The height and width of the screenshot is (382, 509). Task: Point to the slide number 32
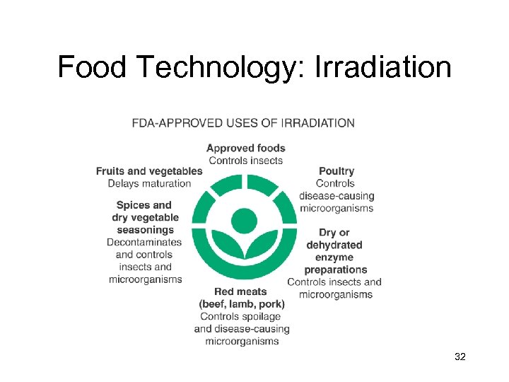point(460,358)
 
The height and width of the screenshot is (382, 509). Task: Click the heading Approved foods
point(246,148)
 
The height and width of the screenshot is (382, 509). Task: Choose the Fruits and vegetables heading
point(149,170)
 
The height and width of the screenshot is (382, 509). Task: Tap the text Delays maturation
point(149,183)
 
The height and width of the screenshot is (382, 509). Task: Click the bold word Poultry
point(337,170)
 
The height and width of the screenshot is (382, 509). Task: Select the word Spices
point(134,205)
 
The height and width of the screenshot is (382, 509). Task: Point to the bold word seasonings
point(146,230)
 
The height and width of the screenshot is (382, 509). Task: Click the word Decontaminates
point(144,242)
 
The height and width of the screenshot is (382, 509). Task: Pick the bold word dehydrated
point(334,245)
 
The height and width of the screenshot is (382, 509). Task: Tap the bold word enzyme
point(335,257)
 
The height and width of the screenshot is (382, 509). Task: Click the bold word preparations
point(336,270)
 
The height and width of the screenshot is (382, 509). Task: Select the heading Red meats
point(241,291)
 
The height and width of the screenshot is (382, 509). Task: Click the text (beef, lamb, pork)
point(241,304)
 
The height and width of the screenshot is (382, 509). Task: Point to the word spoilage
point(261,316)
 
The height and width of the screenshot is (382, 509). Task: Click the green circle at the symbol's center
point(244,219)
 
